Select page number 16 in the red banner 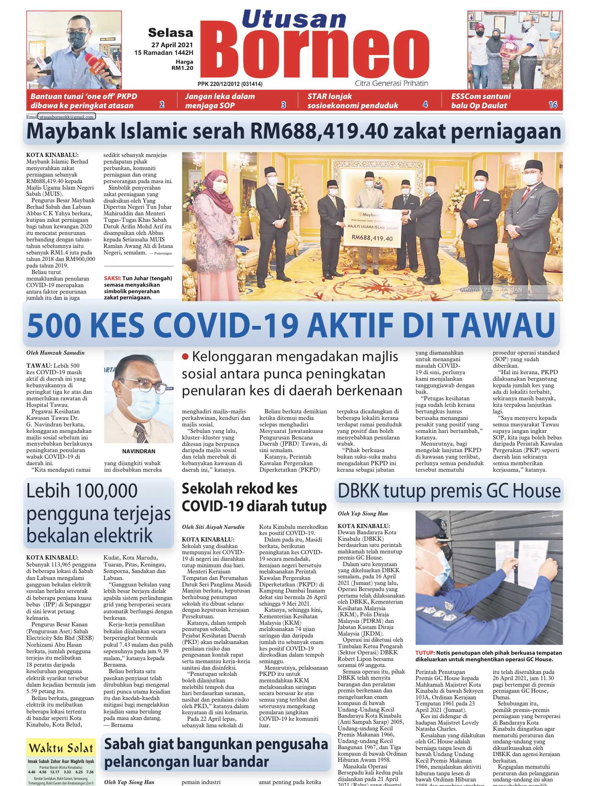pos(553,105)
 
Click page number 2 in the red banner pos(162,105)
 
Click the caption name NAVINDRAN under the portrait pos(139,451)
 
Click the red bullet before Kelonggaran pos(186,357)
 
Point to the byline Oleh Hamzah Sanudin pos(55,353)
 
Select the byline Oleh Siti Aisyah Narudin pos(213,527)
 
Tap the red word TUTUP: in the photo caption pos(424,653)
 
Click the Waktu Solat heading pos(61,748)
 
